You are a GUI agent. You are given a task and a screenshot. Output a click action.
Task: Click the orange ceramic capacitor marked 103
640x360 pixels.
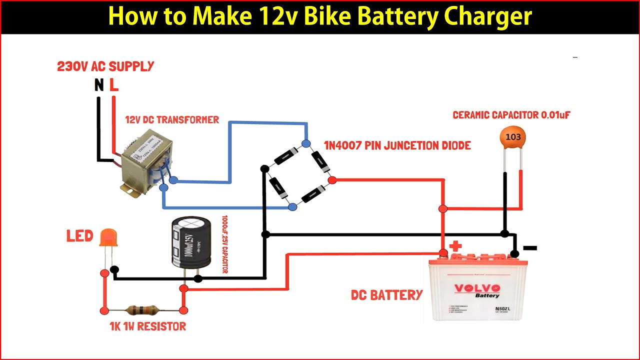pyautogui.click(x=513, y=137)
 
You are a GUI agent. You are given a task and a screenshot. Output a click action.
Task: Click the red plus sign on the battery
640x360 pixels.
pyautogui.click(x=455, y=246)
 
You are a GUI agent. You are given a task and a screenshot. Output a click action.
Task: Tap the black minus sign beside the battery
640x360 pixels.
pyautogui.click(x=529, y=247)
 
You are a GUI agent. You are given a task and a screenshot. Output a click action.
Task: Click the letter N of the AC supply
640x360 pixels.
pyautogui.click(x=99, y=85)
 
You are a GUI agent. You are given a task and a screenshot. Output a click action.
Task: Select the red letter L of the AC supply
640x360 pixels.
pyautogui.click(x=114, y=85)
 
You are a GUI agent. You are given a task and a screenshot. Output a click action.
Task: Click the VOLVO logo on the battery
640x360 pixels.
pyautogui.click(x=476, y=288)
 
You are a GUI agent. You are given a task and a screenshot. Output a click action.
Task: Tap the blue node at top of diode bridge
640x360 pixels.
pyautogui.click(x=306, y=144)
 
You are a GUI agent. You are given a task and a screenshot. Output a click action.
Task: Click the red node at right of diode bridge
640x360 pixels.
pyautogui.click(x=332, y=180)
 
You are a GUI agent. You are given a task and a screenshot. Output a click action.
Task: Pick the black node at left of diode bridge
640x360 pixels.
pyautogui.click(x=264, y=169)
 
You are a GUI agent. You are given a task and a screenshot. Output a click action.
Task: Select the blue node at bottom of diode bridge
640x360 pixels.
pyautogui.click(x=292, y=206)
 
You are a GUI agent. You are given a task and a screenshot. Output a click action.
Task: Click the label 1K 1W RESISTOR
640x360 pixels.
pyautogui.click(x=147, y=326)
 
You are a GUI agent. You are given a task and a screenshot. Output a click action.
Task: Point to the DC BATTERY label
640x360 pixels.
pyautogui.click(x=387, y=295)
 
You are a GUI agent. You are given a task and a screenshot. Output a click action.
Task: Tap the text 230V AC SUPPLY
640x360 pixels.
pyautogui.click(x=105, y=66)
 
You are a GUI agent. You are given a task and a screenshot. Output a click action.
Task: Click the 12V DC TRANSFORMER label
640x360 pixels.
pyautogui.click(x=172, y=120)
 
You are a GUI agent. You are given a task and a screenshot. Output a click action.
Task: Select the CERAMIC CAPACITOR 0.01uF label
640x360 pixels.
pyautogui.click(x=511, y=115)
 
